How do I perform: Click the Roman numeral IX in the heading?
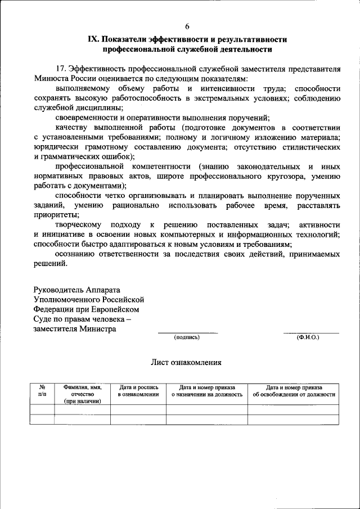93,39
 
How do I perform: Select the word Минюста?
51,79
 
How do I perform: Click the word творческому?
80,225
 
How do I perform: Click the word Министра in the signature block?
97,329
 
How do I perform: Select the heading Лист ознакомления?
186,363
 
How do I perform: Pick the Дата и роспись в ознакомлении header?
138,391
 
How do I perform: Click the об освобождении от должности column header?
294,394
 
